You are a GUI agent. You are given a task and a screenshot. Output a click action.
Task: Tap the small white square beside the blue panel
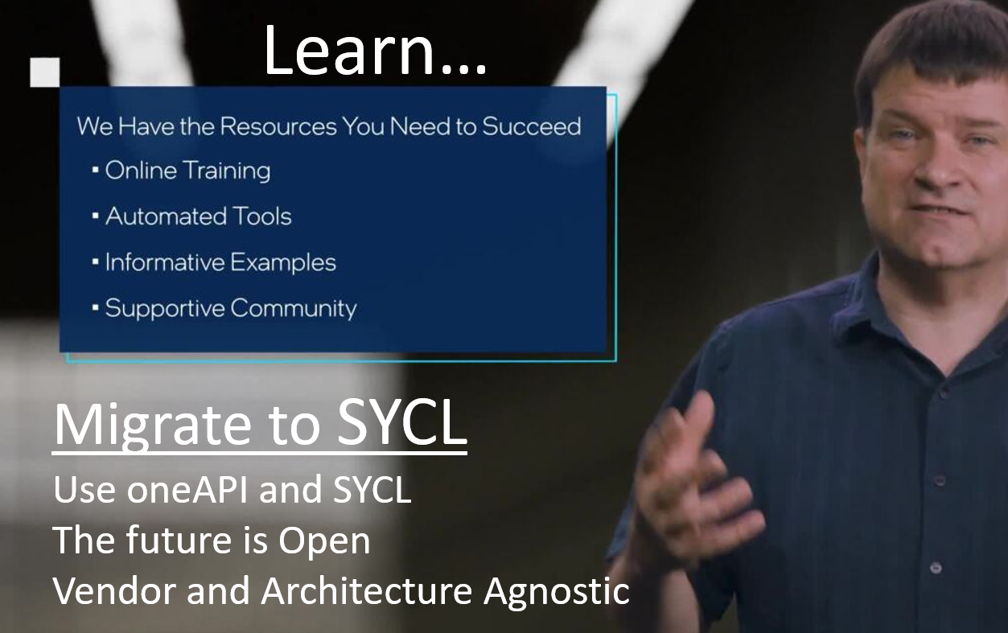click(x=45, y=72)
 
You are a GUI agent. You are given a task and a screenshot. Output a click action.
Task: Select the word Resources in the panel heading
click(x=278, y=126)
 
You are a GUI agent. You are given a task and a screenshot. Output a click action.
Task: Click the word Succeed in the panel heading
click(x=532, y=126)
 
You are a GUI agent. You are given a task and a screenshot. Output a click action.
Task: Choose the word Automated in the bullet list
click(x=166, y=217)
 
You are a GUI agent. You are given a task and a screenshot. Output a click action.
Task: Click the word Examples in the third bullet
click(x=282, y=263)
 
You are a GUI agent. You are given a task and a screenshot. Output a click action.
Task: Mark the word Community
click(x=294, y=309)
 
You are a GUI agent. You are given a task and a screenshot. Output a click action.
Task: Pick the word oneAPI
click(x=187, y=489)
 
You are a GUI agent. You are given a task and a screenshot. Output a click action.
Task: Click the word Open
click(x=324, y=541)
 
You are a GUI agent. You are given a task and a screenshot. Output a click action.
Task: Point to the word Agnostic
click(x=557, y=593)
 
